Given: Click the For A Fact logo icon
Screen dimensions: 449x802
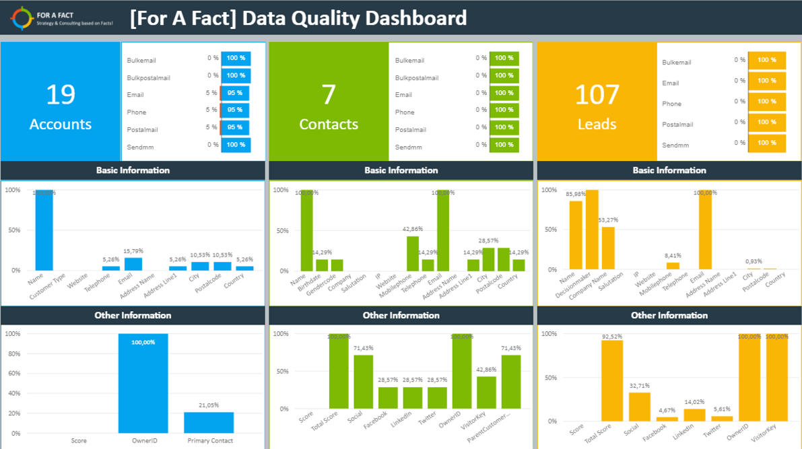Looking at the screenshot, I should point(22,18).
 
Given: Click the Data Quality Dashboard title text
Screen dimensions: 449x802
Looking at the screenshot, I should point(298,18).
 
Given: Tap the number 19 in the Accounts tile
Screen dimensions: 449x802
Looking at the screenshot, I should point(60,94).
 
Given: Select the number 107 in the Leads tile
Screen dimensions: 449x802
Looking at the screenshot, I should point(597,94).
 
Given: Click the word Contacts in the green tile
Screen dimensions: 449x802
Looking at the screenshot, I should point(329,125).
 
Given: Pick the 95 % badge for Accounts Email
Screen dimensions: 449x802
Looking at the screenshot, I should point(235,93).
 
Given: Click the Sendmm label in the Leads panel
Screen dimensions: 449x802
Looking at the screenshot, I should point(675,145).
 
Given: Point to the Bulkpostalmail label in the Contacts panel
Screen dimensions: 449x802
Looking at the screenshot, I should point(416,77).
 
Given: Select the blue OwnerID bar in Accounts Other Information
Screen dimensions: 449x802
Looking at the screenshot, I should point(143,384).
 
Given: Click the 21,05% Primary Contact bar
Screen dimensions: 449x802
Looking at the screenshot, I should point(209,423).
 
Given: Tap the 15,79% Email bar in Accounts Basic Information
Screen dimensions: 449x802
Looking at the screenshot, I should point(133,264).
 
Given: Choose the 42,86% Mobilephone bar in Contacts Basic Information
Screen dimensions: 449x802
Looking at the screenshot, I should point(413,253).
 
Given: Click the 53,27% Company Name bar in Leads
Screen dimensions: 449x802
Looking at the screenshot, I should point(608,248).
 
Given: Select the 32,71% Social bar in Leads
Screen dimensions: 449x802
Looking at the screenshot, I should point(640,407).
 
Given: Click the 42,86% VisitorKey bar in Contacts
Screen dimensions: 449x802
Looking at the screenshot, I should point(486,392).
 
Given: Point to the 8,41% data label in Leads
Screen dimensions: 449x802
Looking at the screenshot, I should point(673,256).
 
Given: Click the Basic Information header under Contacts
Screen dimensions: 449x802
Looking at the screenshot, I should point(401,170).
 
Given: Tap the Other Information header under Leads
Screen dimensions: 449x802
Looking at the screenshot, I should point(669,315).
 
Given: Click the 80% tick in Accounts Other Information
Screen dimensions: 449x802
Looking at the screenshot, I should point(13,353).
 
